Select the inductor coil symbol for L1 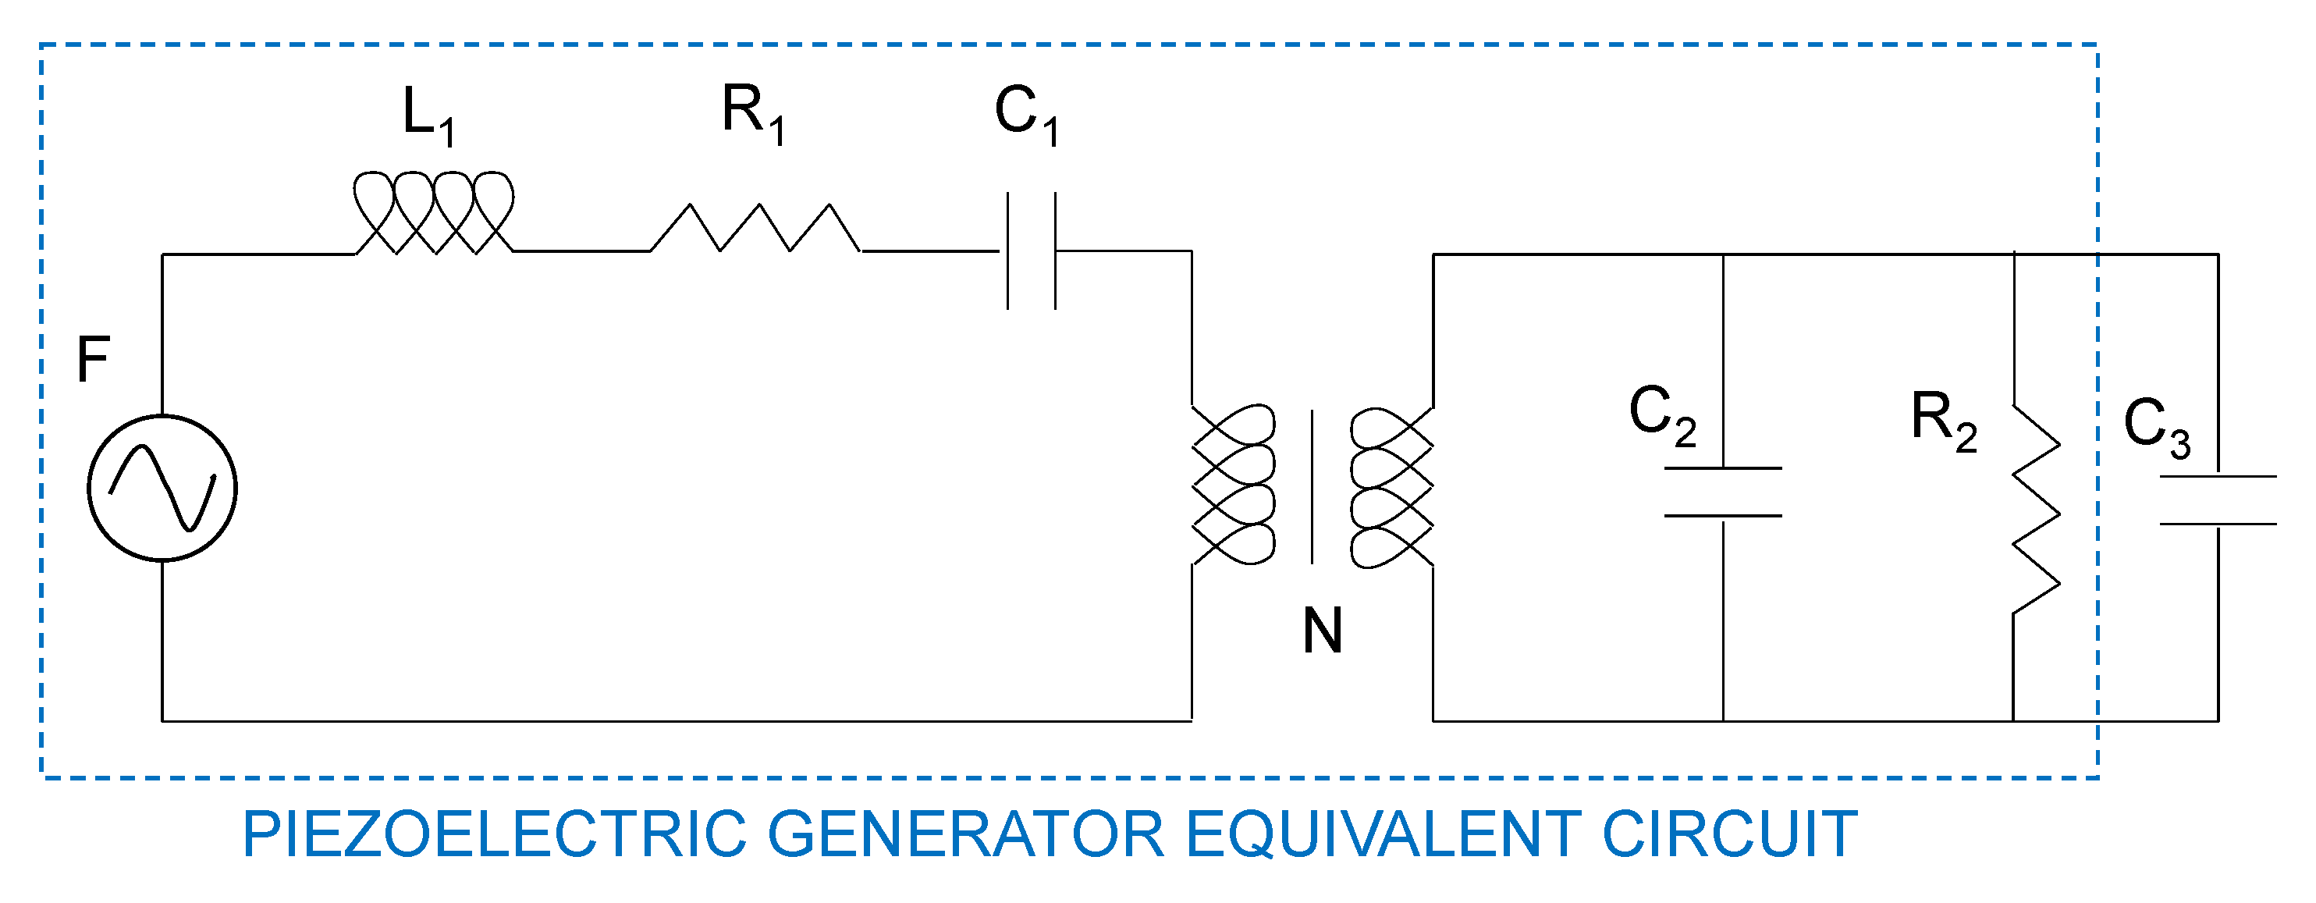(x=433, y=213)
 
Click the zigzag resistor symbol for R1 (x=755, y=229)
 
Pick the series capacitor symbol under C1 (x=1032, y=251)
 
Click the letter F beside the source (x=94, y=360)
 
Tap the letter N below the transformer (x=1322, y=631)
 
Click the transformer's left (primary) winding (x=1234, y=485)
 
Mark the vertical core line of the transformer (x=1312, y=486)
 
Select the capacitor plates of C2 (x=1723, y=492)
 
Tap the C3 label (x=2156, y=426)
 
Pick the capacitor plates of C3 (x=2218, y=500)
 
